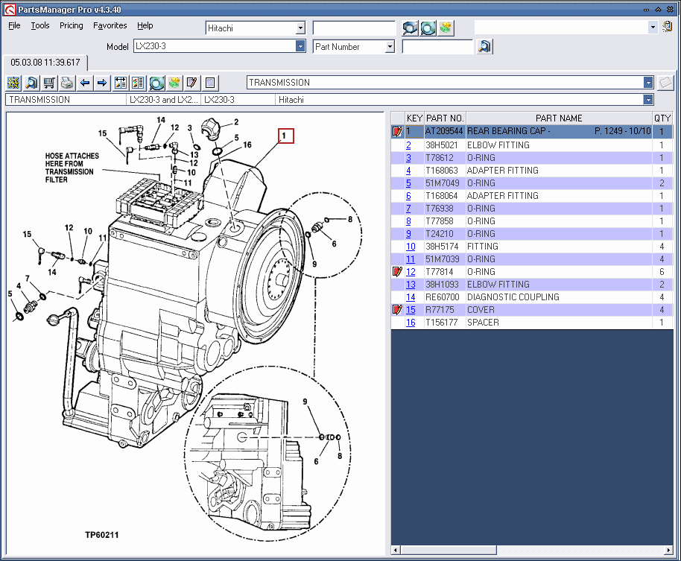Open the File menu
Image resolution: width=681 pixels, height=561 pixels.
click(x=14, y=25)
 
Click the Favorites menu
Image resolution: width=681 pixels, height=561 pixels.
click(x=110, y=25)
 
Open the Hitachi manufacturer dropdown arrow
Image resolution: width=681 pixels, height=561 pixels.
click(x=300, y=28)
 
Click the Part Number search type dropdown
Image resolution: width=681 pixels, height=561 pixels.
click(x=353, y=46)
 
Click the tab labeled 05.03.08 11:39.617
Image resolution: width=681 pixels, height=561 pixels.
click(x=45, y=63)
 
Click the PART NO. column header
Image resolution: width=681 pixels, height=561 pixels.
click(x=445, y=118)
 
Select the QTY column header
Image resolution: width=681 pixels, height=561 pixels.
click(x=662, y=118)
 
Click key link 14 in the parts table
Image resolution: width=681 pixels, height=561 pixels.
click(x=411, y=297)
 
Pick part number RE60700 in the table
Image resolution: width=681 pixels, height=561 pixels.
click(x=443, y=297)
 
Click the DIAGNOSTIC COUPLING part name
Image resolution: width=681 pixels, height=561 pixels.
click(x=513, y=297)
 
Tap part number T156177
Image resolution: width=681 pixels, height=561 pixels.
click(x=442, y=323)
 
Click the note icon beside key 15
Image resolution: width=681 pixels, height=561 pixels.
click(x=397, y=310)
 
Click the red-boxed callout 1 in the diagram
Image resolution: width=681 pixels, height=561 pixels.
click(x=286, y=136)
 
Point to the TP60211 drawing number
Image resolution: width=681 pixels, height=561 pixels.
click(x=101, y=534)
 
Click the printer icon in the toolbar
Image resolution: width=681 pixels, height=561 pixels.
click(x=67, y=83)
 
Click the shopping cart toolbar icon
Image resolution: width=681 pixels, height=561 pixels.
click(x=49, y=83)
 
